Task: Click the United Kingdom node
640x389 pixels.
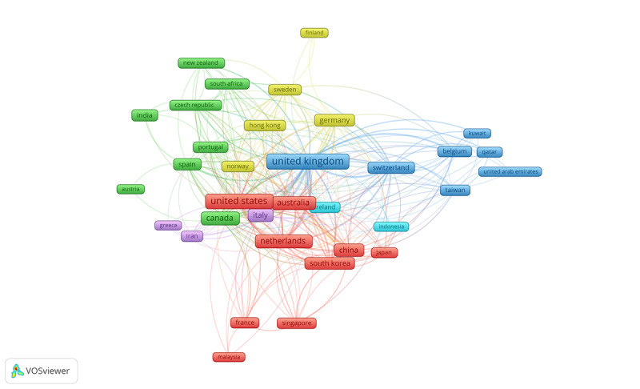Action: (307, 162)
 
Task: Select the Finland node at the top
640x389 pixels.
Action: (314, 33)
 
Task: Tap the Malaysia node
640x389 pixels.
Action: (229, 357)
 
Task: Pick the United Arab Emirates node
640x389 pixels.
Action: (510, 171)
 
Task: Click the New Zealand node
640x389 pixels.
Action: (201, 63)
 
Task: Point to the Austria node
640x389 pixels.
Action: (130, 190)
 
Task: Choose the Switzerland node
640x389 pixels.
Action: (391, 168)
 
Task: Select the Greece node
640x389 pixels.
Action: (168, 226)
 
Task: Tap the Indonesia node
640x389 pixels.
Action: (391, 227)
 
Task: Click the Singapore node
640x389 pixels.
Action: (297, 323)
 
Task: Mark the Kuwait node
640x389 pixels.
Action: (477, 133)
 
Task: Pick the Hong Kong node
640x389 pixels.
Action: (265, 126)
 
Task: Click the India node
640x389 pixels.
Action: (145, 115)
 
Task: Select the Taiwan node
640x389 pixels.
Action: (454, 190)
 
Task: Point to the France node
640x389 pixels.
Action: (245, 323)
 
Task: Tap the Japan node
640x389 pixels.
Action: (384, 253)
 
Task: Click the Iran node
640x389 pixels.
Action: (192, 236)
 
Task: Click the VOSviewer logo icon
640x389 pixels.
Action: (18, 371)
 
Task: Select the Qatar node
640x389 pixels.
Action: (489, 152)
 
